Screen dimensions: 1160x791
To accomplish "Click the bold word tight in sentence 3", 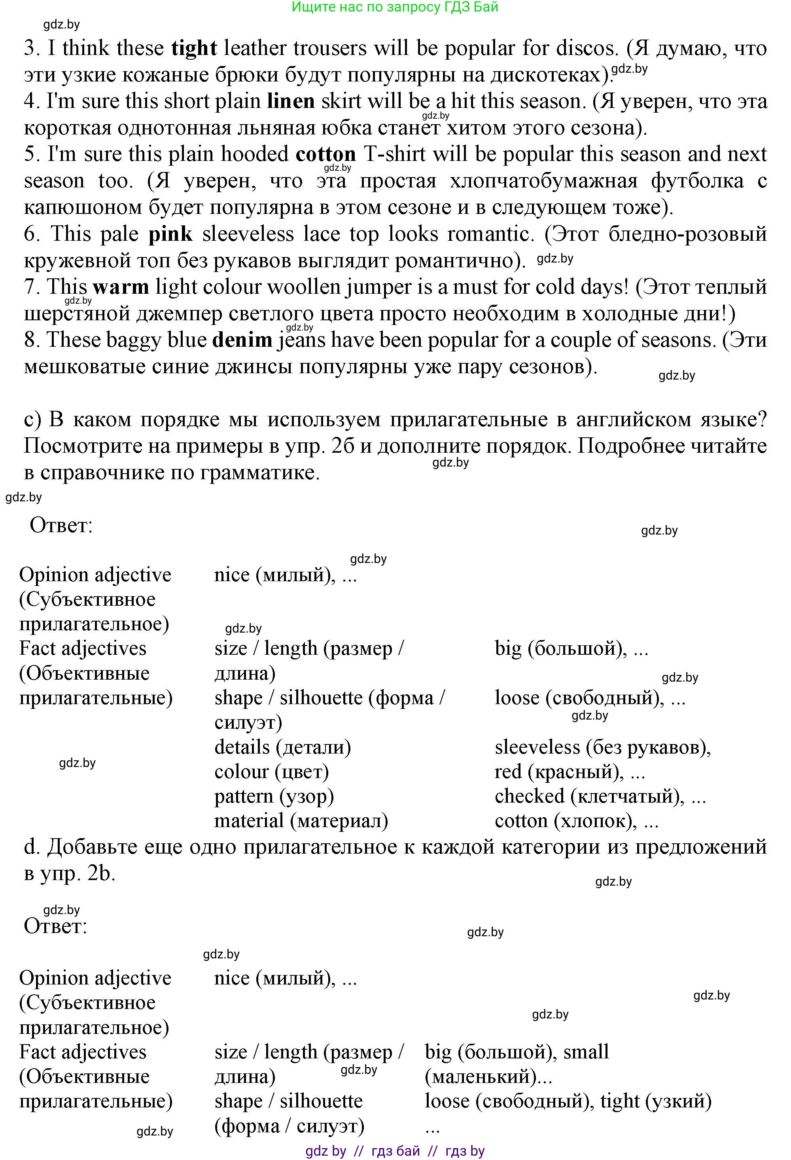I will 194,48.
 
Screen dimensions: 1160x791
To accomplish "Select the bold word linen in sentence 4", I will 291,101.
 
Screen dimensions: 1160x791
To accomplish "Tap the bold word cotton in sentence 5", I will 325,154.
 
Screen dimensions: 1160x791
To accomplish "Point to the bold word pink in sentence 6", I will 170,234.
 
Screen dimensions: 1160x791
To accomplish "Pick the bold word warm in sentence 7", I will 121,287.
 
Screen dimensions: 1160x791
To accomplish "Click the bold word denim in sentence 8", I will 242,340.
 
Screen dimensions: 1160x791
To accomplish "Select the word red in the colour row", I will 507,772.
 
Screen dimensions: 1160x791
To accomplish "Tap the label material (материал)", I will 301,821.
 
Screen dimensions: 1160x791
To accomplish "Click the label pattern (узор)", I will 274,796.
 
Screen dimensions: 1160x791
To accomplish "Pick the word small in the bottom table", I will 586,1051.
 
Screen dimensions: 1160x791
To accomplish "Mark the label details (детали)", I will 283,747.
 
